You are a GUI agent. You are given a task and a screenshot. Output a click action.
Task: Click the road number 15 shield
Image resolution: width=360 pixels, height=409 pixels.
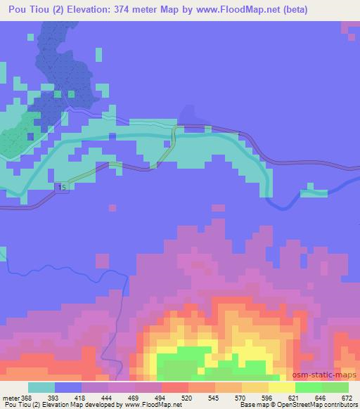tap(63, 188)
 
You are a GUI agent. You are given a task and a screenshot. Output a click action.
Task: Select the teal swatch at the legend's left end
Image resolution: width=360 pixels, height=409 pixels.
tap(41, 388)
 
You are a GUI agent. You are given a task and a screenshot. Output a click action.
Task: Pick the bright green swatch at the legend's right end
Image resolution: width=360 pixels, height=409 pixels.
tap(335, 388)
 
